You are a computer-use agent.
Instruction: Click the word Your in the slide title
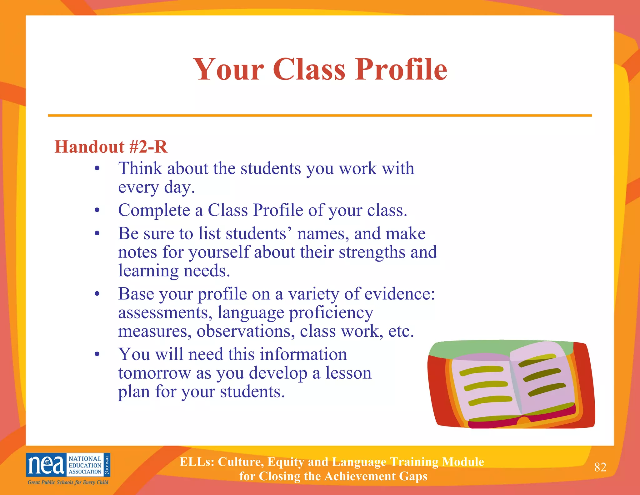pyautogui.click(x=229, y=69)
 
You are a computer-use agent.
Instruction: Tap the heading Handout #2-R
pyautogui.click(x=111, y=147)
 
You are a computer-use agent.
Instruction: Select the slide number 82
pyautogui.click(x=600, y=467)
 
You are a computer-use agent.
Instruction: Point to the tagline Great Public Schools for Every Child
pyautogui.click(x=68, y=482)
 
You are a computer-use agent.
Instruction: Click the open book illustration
pyautogui.click(x=511, y=384)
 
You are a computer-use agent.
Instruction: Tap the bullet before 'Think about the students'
pyautogui.click(x=97, y=169)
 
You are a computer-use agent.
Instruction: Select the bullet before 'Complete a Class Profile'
pyautogui.click(x=97, y=210)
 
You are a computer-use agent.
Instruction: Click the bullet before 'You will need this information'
pyautogui.click(x=97, y=355)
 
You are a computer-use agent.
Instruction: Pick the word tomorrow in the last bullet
pyautogui.click(x=154, y=373)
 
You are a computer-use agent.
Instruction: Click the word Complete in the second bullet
pyautogui.click(x=154, y=210)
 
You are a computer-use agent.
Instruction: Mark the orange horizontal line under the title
pyautogui.click(x=320, y=115)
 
